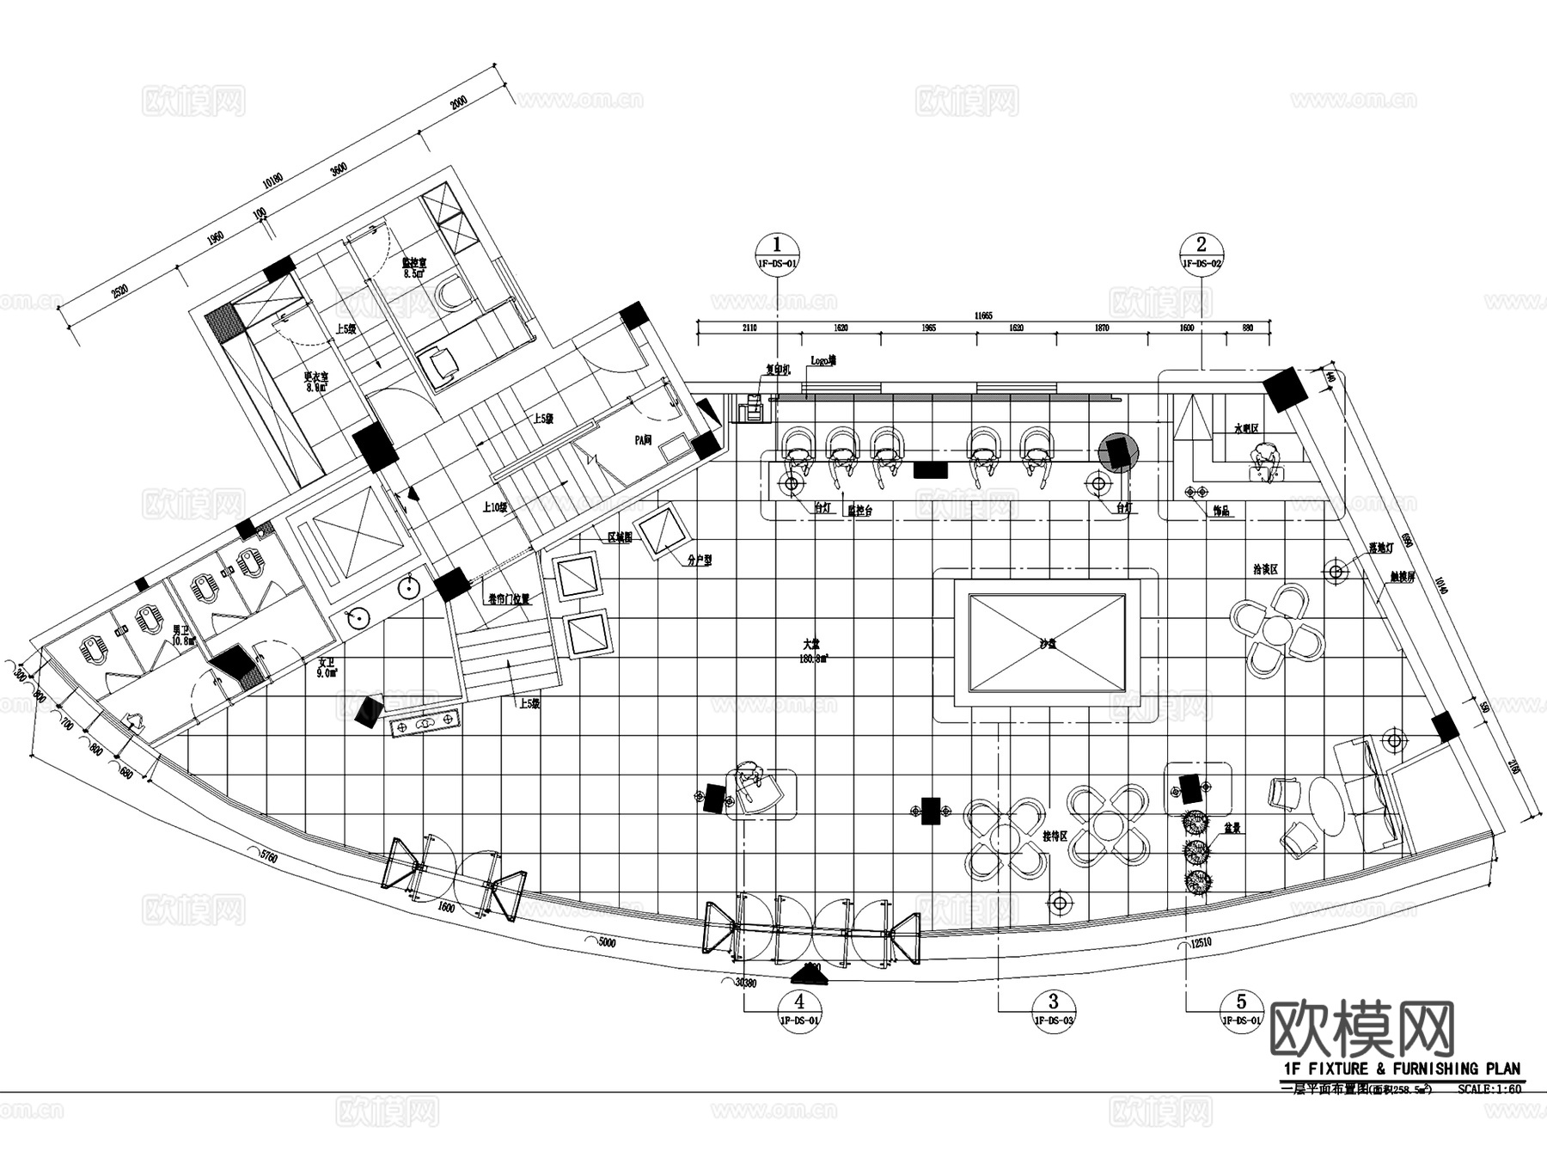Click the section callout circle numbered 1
[x=777, y=244]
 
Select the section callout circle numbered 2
[x=1202, y=244]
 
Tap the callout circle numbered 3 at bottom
[x=1054, y=1001]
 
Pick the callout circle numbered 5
[x=1241, y=1001]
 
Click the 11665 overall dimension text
[x=983, y=316]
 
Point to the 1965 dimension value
[x=929, y=328]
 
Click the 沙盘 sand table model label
[x=1046, y=644]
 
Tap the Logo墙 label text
[x=822, y=361]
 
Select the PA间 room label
[x=643, y=439]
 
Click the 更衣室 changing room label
[x=317, y=377]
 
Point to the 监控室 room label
[x=414, y=263]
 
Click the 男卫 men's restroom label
[x=180, y=629]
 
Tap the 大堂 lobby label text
[x=810, y=644]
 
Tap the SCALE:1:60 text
[x=1489, y=1089]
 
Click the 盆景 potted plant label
[x=1231, y=829]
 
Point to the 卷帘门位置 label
[x=509, y=599]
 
